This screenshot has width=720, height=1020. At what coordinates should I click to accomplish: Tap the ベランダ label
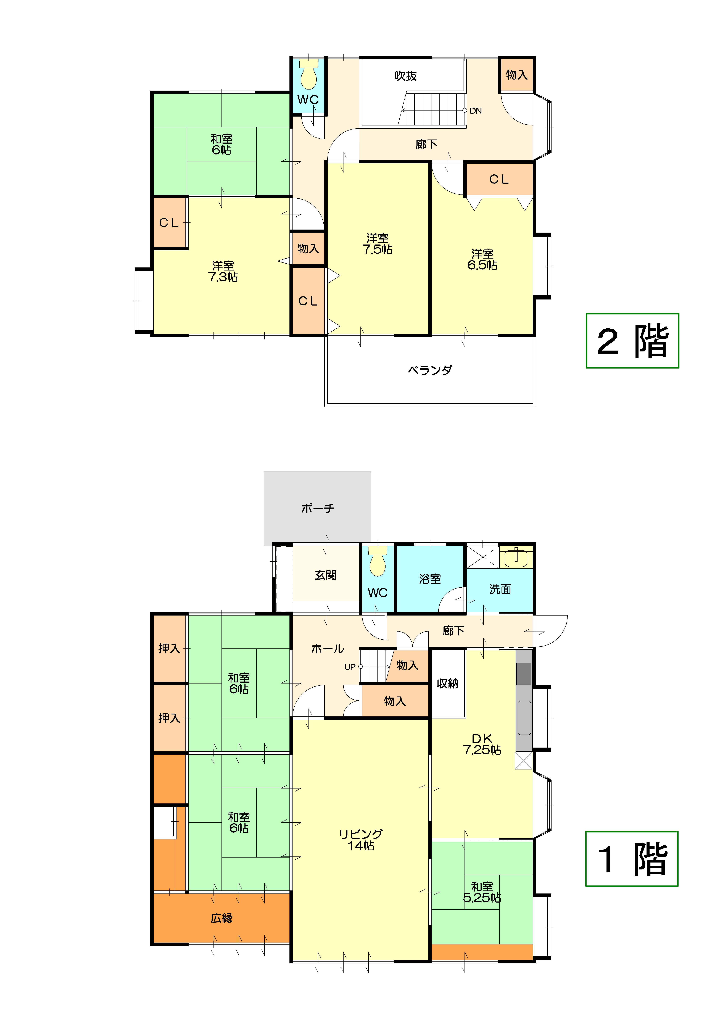430,370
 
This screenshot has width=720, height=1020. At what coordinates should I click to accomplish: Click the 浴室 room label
430,579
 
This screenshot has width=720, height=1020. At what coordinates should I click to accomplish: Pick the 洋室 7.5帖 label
378,244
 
